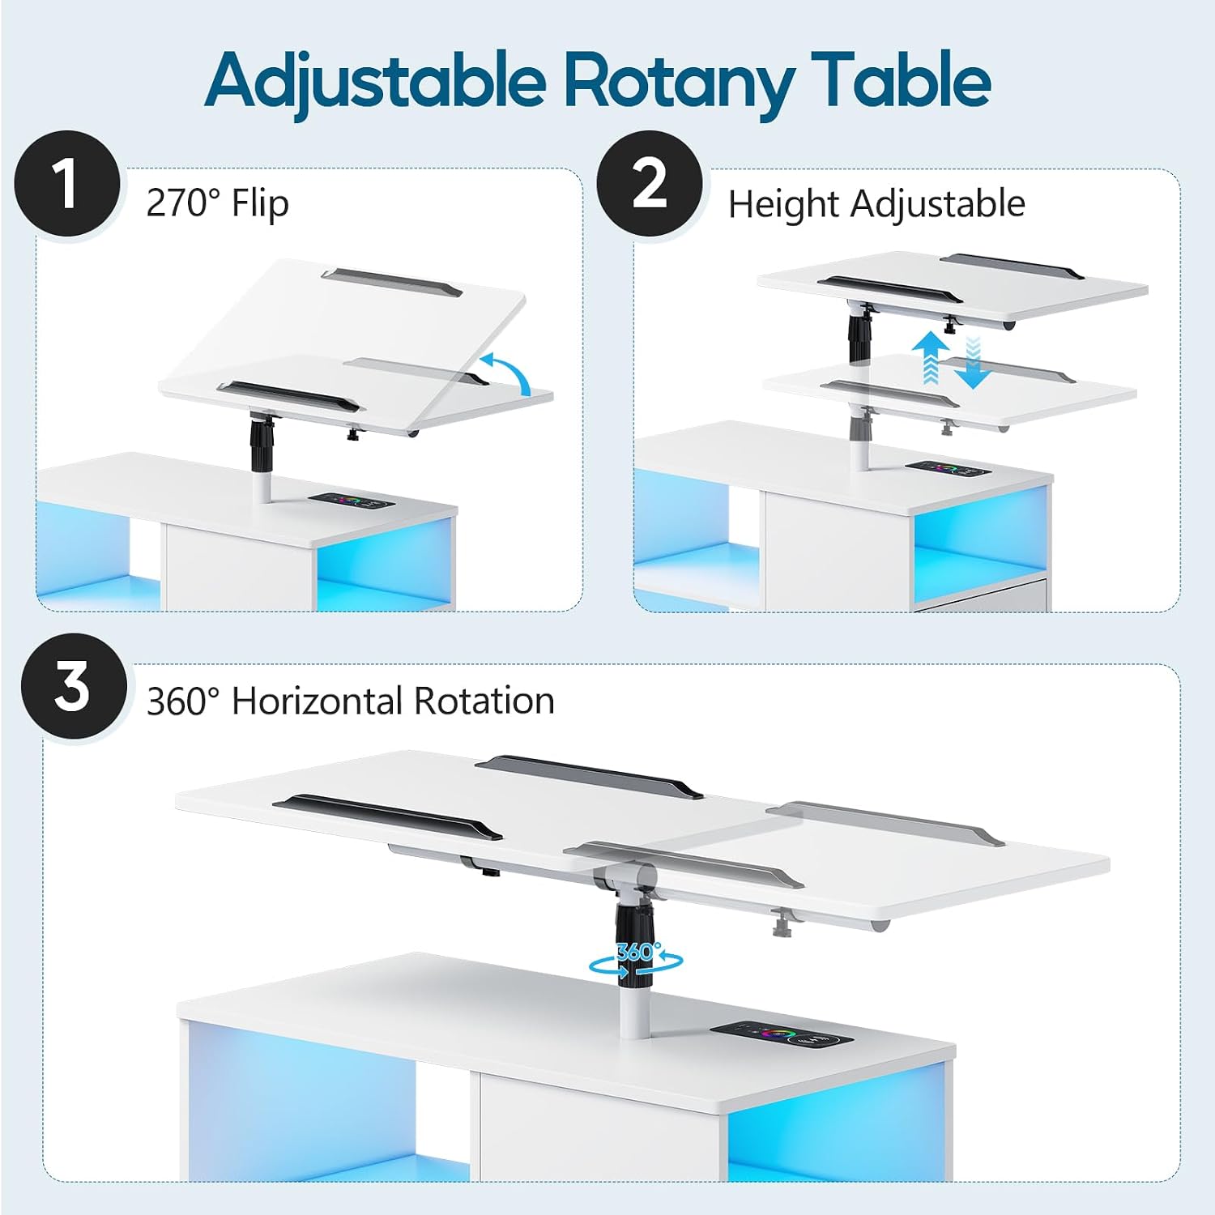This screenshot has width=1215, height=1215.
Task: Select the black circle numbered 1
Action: point(67,184)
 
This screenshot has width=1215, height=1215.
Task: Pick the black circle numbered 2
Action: point(650,184)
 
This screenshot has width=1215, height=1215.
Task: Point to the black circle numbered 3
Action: point(74,686)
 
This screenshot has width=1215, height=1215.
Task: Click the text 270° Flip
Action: point(217,202)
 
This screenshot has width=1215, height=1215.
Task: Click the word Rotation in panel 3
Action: point(484,701)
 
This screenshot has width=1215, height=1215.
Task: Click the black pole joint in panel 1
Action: point(261,443)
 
